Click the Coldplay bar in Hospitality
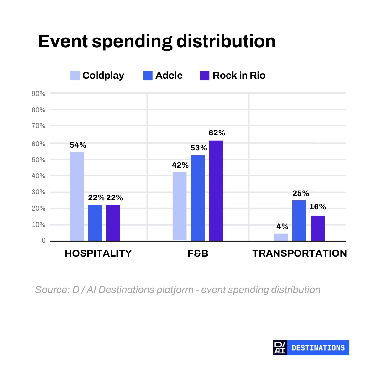[77, 196]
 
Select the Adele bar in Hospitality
[95, 223]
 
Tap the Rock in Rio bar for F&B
[216, 191]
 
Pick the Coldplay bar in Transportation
[281, 237]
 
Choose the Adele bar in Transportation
[299, 221]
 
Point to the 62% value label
[217, 133]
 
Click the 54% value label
[78, 145]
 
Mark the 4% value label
[282, 226]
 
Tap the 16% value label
[318, 206]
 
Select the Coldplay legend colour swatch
[75, 76]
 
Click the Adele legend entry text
[169, 76]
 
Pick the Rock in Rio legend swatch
[205, 76]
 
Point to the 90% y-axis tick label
[39, 94]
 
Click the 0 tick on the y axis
[44, 240]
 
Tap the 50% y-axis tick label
[39, 160]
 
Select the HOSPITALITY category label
[98, 253]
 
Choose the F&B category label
[198, 253]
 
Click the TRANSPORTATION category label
[300, 253]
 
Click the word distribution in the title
[226, 41]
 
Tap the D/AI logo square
[280, 348]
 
